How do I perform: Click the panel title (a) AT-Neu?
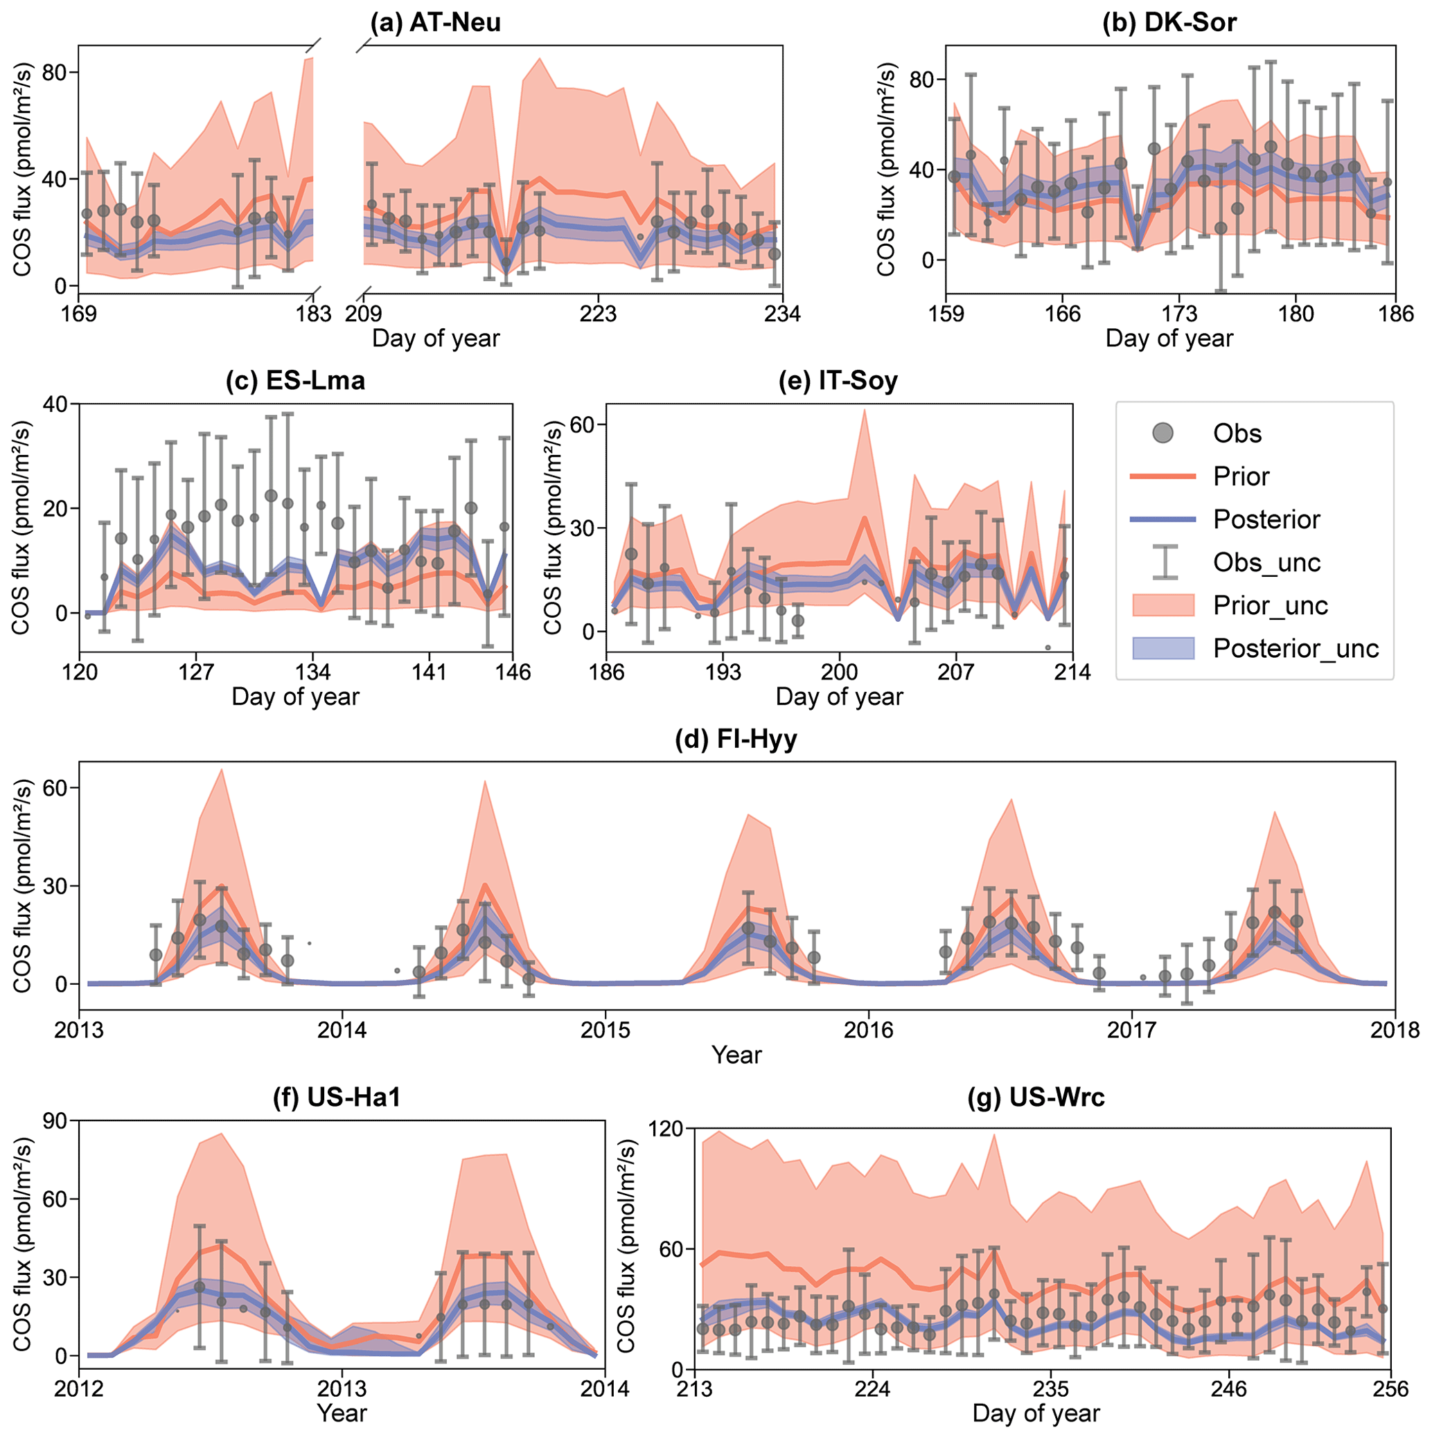point(436,22)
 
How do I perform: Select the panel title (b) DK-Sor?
point(1169,22)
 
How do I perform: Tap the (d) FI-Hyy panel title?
point(736,739)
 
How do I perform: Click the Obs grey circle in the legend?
point(1163,433)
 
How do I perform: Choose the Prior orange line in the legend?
point(1163,476)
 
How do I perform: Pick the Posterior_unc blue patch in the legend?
point(1163,648)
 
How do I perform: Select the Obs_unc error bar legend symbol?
point(1163,562)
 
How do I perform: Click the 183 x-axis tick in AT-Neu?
point(314,314)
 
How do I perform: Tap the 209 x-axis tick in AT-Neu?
point(364,314)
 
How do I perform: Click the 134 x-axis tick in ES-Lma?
point(313,672)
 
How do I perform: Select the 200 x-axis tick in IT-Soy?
point(840,672)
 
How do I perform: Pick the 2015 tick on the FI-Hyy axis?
point(605,1031)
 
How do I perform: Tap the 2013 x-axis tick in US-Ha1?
point(342,1389)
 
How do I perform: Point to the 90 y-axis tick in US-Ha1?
point(58,1121)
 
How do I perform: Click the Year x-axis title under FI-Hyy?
point(736,1055)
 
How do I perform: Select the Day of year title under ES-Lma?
point(295,697)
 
